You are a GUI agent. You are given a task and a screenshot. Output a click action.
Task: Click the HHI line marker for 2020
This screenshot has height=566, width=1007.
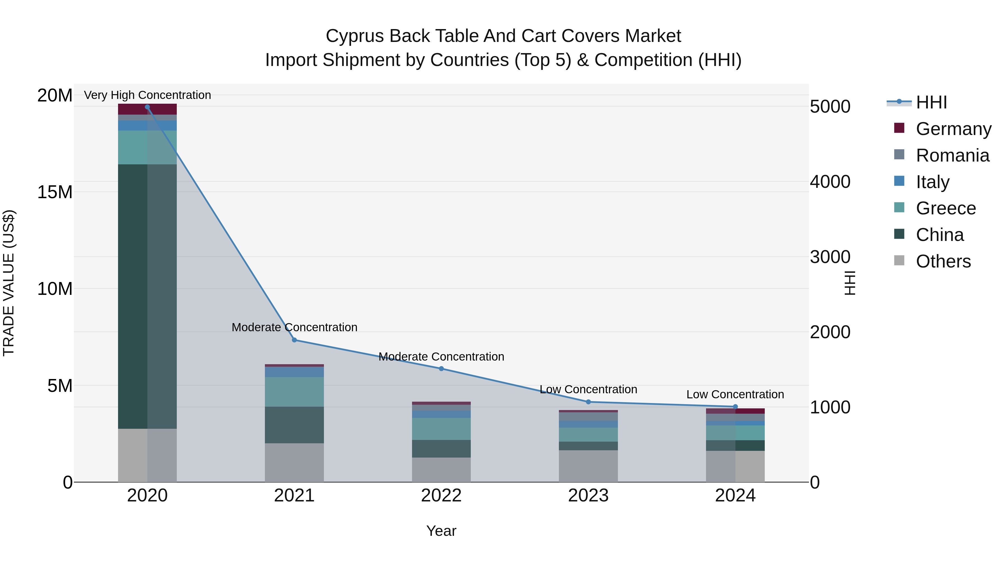[x=147, y=107]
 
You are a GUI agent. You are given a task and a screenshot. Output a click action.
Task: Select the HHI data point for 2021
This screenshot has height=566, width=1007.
[x=294, y=340]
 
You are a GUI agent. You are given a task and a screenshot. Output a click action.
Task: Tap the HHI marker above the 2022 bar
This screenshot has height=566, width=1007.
[x=441, y=369]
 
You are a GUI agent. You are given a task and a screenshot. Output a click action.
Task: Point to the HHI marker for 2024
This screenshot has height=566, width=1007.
[x=735, y=407]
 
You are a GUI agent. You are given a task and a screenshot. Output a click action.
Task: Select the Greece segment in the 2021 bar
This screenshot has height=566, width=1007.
[x=294, y=392]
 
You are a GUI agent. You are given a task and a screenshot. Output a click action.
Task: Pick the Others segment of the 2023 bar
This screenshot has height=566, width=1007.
[x=588, y=466]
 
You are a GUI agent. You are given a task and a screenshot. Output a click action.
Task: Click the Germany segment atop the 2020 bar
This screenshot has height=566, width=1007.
[x=147, y=109]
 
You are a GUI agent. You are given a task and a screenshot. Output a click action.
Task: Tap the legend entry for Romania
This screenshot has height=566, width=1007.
[x=952, y=155]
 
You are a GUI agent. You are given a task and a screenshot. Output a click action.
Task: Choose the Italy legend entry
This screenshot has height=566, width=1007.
[x=932, y=182]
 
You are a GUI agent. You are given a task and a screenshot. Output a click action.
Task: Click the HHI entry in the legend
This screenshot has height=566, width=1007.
[x=931, y=102]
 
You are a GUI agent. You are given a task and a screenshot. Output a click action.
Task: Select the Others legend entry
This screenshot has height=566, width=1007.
[x=943, y=261]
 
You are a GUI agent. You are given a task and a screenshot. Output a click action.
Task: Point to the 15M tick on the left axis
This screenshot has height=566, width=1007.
[x=55, y=192]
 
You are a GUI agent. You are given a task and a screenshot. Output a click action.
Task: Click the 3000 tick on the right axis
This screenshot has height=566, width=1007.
[x=830, y=257]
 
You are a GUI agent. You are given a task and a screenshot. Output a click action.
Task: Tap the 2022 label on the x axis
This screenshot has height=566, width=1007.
[x=441, y=496]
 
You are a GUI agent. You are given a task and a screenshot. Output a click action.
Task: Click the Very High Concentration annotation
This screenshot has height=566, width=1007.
[x=147, y=95]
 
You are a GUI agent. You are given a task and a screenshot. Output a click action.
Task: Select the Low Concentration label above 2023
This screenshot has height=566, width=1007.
[x=588, y=389]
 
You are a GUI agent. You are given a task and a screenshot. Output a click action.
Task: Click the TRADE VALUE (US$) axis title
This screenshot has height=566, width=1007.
[x=9, y=283]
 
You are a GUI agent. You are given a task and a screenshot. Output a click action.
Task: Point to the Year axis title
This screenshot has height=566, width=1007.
[x=441, y=531]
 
